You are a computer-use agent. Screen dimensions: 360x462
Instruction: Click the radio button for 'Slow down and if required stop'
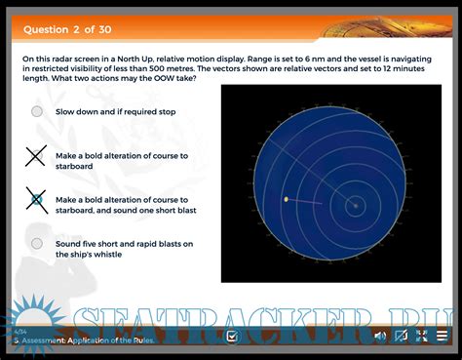tap(37, 111)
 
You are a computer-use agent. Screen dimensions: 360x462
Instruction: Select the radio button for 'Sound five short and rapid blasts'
tap(37, 243)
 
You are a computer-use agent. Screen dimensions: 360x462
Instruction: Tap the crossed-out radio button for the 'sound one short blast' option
tap(36, 199)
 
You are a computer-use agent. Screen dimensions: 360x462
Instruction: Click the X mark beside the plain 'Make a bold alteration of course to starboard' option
tap(36, 155)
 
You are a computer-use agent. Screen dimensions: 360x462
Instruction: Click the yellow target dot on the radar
tap(286, 199)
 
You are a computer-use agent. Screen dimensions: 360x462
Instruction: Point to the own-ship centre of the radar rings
tap(356, 206)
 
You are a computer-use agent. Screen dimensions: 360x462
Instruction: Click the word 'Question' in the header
tap(45, 28)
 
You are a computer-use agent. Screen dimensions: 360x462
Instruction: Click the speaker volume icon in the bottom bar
tap(380, 336)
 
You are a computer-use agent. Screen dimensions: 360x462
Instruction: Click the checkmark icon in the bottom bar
tap(231, 337)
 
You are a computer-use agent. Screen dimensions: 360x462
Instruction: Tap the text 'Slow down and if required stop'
tap(116, 111)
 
